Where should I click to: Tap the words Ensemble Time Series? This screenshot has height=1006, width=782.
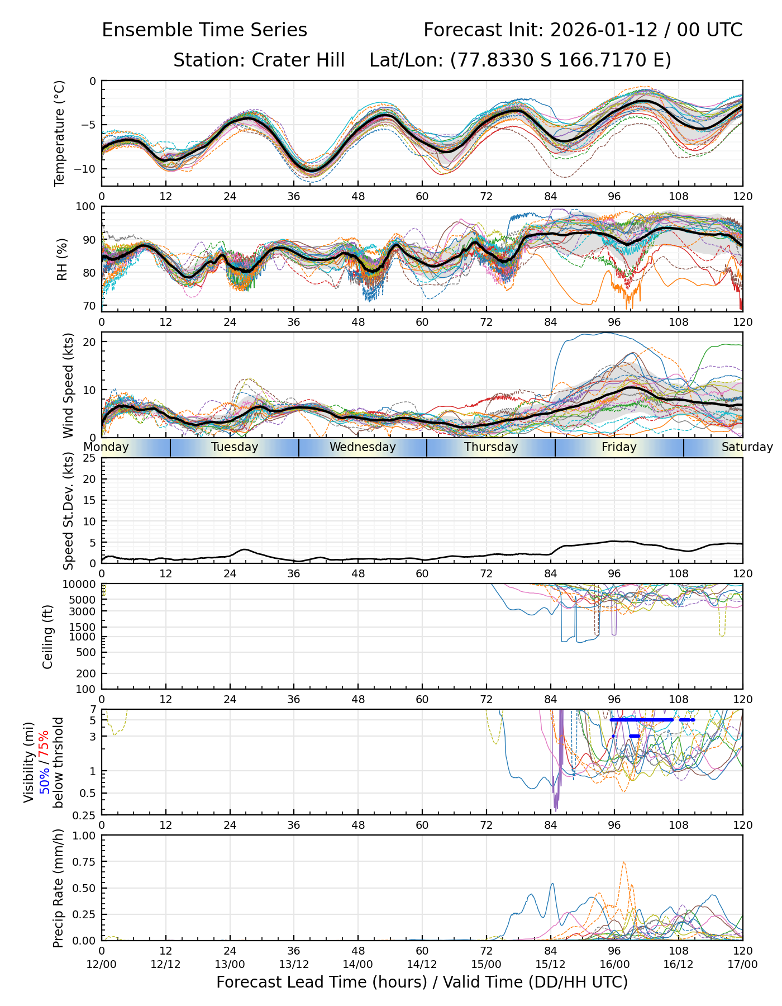204,30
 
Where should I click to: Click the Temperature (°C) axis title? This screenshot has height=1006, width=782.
60,133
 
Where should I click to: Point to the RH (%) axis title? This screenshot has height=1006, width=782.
61,259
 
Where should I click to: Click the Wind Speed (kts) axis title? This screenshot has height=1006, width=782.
68,385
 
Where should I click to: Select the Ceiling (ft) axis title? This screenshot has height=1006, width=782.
48,637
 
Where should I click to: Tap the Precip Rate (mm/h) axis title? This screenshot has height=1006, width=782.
58,888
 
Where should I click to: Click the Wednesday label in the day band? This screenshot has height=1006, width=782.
363,447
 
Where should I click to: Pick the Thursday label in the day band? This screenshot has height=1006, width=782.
491,447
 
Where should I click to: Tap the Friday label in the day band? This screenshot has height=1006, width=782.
619,447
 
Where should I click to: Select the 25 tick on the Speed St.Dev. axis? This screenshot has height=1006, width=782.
89,458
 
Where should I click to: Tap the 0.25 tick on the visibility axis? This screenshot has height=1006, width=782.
85,815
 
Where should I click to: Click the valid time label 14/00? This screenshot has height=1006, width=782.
358,964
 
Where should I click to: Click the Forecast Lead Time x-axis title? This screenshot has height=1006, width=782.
422,982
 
